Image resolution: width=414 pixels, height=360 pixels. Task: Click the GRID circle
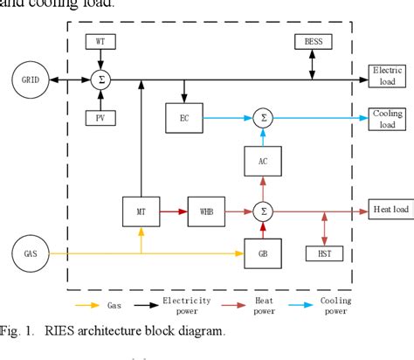click(x=29, y=80)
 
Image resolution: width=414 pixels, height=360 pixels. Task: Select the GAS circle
click(x=29, y=254)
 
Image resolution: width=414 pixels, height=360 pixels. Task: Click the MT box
click(x=141, y=211)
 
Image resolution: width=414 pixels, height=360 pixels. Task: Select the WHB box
click(x=206, y=211)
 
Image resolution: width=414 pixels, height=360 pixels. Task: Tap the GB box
click(x=262, y=255)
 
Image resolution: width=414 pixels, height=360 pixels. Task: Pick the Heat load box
click(x=387, y=211)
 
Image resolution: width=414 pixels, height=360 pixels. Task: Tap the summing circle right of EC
click(x=262, y=115)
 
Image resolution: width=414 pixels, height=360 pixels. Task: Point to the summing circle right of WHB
click(x=262, y=211)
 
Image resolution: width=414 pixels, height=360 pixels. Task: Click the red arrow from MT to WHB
click(x=173, y=211)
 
